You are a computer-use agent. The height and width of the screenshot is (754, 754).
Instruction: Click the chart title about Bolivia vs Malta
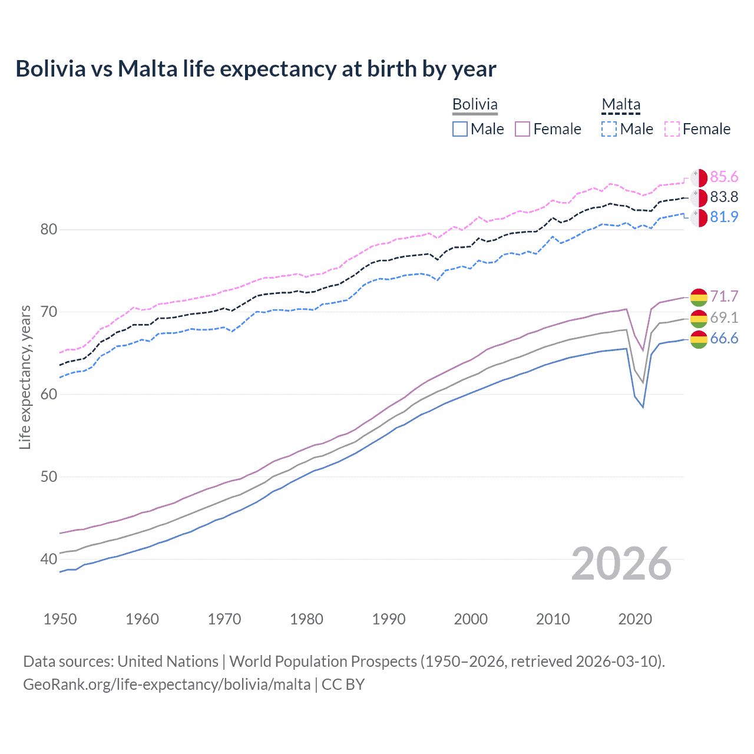256,69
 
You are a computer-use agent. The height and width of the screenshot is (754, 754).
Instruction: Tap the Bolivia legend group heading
475,104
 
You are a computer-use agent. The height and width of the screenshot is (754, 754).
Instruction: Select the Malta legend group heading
621,104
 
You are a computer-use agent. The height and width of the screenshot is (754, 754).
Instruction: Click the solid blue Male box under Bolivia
460,129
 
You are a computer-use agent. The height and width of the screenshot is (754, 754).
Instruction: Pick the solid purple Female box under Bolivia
522,129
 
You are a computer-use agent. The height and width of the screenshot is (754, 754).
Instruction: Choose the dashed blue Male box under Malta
609,129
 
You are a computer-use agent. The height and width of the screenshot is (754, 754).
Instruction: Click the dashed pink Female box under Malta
672,129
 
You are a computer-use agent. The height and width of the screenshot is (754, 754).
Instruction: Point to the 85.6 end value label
724,177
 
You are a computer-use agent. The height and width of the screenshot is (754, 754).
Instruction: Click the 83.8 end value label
724,197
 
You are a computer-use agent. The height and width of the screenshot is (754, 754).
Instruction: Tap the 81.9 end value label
724,217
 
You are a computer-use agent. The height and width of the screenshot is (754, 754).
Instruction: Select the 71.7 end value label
724,296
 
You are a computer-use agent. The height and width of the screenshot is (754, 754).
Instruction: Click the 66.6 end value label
724,339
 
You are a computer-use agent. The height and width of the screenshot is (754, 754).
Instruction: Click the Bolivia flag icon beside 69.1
699,319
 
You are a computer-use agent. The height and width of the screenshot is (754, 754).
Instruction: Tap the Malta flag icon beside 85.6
699,178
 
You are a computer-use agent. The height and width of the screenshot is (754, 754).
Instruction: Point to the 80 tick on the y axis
49,230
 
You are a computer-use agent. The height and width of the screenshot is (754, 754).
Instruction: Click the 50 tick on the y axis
49,477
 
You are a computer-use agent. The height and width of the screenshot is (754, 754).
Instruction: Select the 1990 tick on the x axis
389,619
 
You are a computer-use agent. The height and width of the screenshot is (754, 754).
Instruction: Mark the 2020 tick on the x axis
635,619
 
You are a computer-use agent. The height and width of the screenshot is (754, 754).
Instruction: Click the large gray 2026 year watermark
621,564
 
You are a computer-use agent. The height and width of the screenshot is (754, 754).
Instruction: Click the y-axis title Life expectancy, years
25,377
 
